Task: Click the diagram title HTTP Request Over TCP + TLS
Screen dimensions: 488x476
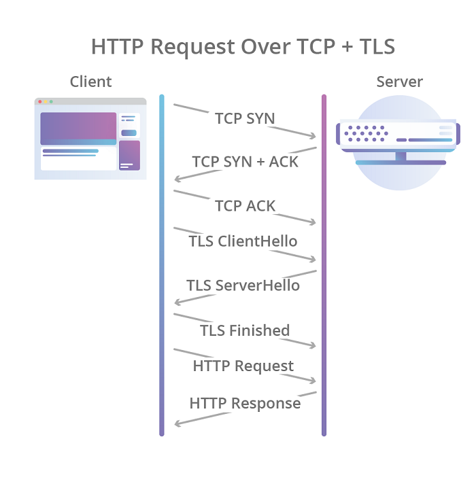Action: (243, 46)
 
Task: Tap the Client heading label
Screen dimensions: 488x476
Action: (90, 82)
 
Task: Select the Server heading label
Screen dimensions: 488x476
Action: (399, 82)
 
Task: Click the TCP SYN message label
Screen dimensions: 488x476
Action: (245, 118)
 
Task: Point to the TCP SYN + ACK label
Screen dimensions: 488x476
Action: (245, 162)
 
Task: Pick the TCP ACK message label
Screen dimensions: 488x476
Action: (245, 205)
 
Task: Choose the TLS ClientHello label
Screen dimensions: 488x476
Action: (243, 241)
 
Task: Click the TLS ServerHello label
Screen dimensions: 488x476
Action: (243, 285)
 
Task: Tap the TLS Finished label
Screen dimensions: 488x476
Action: (245, 330)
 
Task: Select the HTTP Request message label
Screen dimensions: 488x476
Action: (243, 366)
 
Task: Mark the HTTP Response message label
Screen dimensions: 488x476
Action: (245, 403)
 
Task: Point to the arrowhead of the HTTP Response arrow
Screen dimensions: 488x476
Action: (177, 424)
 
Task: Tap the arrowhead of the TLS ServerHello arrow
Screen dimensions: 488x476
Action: (177, 302)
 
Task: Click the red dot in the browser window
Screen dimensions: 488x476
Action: (40, 101)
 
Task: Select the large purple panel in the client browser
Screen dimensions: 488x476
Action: (78, 128)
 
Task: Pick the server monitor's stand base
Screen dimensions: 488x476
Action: (401, 162)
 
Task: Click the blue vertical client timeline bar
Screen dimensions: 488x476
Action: (162, 265)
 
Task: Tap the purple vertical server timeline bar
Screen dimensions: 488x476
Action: (324, 265)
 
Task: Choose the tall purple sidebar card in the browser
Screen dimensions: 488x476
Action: (129, 155)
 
